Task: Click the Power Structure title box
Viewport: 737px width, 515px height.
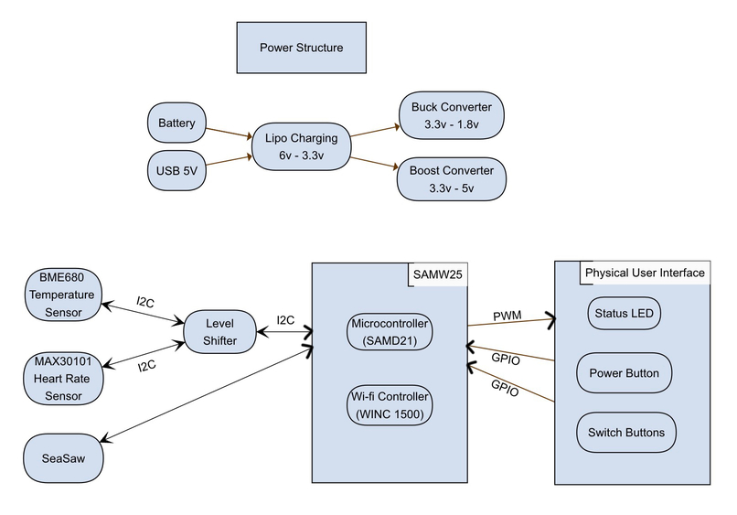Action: pos(301,48)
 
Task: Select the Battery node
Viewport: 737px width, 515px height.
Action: pos(176,123)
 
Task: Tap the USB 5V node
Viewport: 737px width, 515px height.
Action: pos(176,169)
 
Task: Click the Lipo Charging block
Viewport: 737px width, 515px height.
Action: pos(301,146)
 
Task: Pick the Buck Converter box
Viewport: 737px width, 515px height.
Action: pos(452,115)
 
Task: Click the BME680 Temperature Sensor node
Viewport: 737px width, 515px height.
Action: pos(60,294)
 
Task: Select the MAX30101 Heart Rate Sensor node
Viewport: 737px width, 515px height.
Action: pos(60,378)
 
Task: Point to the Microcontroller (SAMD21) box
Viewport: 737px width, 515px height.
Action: pos(390,332)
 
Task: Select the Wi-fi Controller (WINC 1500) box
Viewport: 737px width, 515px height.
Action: pos(390,406)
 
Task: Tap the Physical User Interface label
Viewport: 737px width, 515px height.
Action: pos(645,273)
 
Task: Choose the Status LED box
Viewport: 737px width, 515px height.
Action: pos(625,313)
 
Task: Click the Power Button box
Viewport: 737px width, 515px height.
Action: pos(625,372)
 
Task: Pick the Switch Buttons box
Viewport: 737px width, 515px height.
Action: pos(627,432)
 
